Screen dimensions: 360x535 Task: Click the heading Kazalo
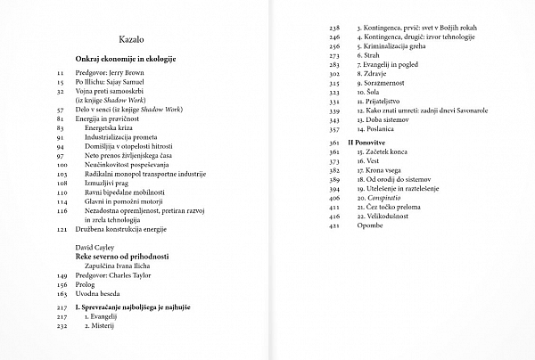[132, 40]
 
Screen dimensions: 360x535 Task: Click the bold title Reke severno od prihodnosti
[122, 256]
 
